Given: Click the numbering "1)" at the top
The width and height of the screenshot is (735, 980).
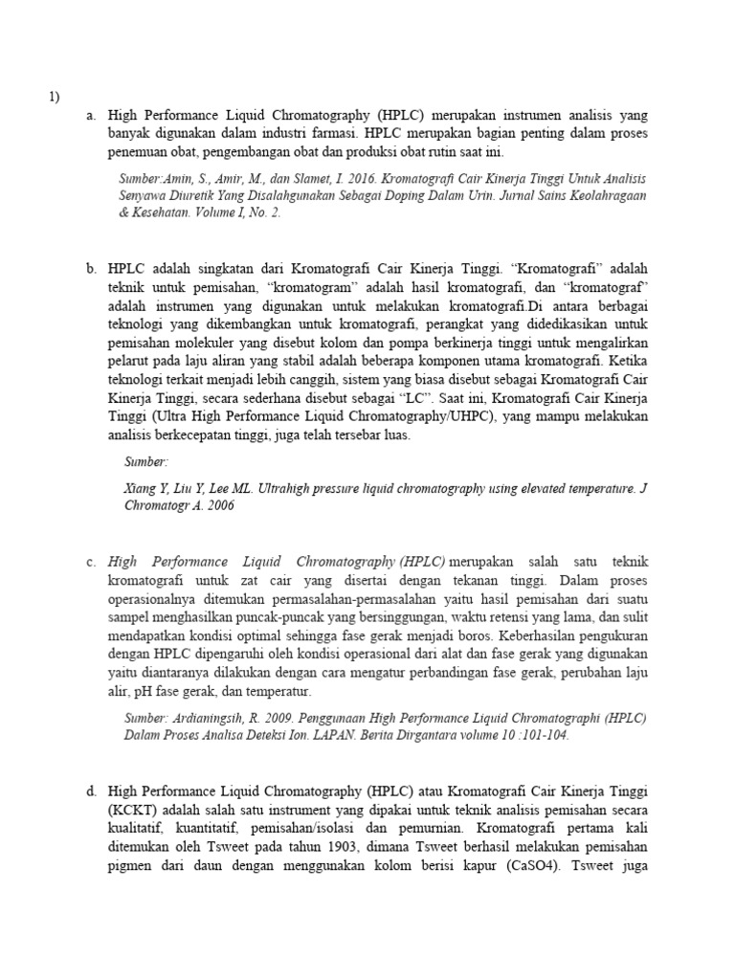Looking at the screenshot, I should coord(55,97).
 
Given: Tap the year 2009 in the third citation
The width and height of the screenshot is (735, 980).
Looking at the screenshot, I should coord(286,719).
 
